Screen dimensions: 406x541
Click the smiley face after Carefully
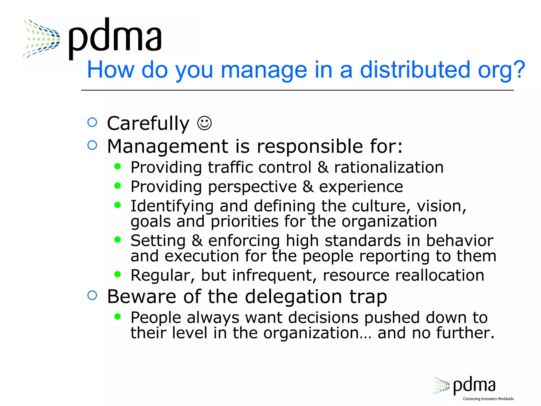pos(204,123)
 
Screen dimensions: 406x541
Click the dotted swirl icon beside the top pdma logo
pos(42,38)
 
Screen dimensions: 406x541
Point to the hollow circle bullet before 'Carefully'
pos(92,122)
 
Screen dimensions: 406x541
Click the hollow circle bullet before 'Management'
pos(92,145)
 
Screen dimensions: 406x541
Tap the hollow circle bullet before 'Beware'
pos(92,295)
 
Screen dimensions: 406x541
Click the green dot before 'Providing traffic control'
pos(118,166)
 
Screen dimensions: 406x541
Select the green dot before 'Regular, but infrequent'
pos(118,274)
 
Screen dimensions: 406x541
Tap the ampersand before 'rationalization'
pos(323,167)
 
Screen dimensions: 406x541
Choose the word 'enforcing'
pos(244,241)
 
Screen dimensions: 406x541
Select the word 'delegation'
pos(293,297)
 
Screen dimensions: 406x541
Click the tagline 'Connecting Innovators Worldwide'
pos(488,399)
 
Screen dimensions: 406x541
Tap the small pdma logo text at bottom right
pos(474,385)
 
